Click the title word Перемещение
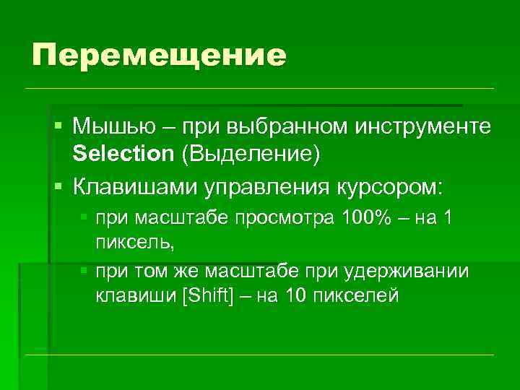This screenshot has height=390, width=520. point(159,56)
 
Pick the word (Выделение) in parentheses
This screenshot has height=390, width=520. point(250,153)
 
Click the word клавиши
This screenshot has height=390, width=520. point(134,295)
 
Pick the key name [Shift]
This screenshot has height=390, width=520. point(205,295)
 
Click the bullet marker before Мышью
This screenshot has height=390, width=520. point(58,127)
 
